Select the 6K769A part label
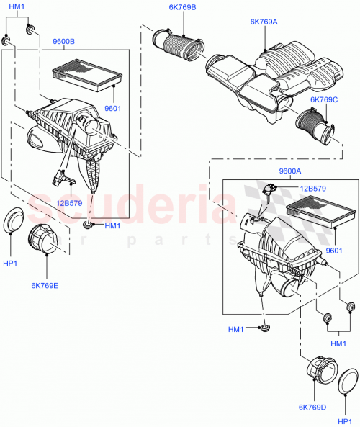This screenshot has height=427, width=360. point(264,22)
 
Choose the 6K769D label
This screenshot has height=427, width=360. point(310,407)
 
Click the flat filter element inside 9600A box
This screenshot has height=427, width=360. point(321,216)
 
